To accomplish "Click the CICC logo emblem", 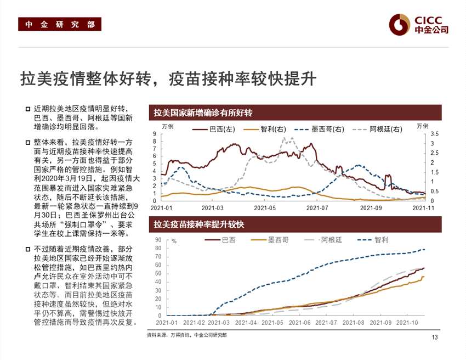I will (400, 24).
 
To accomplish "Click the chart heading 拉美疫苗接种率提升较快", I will (198, 224).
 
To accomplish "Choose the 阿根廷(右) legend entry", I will (378, 130).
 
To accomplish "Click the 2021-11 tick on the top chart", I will (423, 208).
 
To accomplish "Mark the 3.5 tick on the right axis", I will (435, 134).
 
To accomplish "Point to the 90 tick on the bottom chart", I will (158, 240).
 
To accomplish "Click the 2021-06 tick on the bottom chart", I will (300, 323).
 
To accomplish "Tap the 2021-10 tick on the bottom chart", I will (406, 323).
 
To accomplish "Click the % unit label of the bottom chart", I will (174, 241).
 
